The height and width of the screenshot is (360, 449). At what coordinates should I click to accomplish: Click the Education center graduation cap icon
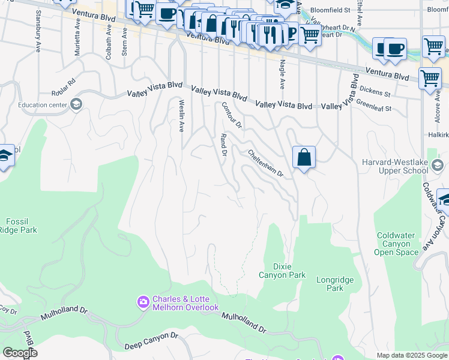click(76, 105)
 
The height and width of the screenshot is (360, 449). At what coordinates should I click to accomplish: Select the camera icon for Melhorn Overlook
click(143, 301)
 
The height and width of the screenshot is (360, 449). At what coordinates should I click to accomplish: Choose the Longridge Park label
click(334, 284)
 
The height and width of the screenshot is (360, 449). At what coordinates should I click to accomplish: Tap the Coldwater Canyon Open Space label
click(397, 244)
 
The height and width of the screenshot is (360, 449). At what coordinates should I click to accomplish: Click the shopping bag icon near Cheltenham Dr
click(304, 157)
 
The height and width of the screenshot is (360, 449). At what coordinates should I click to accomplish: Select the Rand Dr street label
click(223, 145)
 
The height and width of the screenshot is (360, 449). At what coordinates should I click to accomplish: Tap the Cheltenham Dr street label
click(265, 163)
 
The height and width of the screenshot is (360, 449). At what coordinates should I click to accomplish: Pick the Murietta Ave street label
click(77, 37)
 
